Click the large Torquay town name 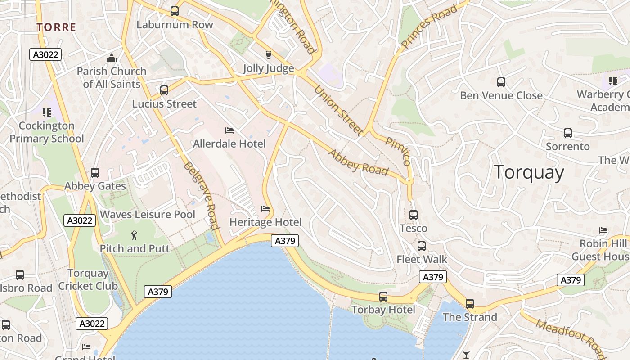[x=529, y=173]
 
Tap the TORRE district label [x=56, y=27]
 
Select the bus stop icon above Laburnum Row [x=174, y=11]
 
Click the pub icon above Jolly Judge [x=269, y=55]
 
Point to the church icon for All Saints [x=111, y=58]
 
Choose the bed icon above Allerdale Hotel [x=229, y=130]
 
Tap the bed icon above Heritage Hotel [x=265, y=209]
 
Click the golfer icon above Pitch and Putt [x=134, y=235]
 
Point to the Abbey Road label [x=358, y=162]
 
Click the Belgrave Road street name [x=201, y=195]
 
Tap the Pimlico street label [x=398, y=151]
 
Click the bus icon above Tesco [x=414, y=215]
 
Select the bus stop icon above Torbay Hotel [x=383, y=297]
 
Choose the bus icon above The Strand [x=470, y=304]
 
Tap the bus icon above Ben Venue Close [x=501, y=82]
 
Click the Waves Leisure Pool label [x=148, y=215]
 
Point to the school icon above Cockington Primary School [x=46, y=112]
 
